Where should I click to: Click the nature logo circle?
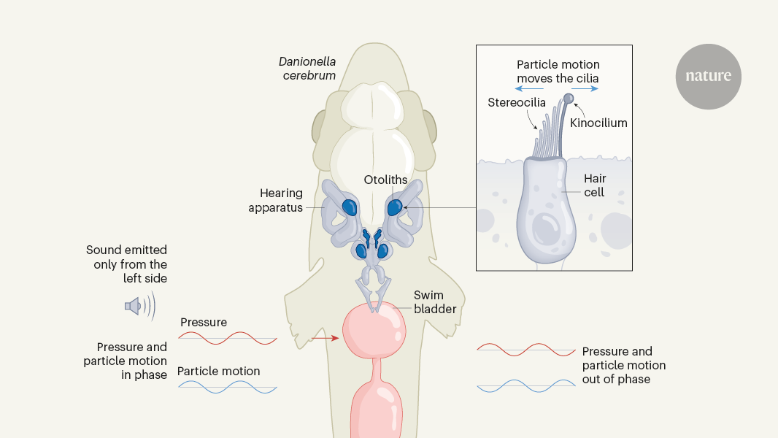click(708, 76)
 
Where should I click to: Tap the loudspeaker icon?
click(134, 306)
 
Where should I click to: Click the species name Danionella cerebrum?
click(307, 69)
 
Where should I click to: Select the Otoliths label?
click(385, 180)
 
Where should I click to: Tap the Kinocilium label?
click(598, 123)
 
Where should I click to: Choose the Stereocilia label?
click(516, 102)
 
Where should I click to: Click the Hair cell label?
click(595, 185)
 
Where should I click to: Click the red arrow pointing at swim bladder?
click(325, 338)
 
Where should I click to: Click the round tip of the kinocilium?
click(568, 98)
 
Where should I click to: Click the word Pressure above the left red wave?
click(203, 322)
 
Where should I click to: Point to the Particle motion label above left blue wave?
click(218, 371)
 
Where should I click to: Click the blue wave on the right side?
click(526, 385)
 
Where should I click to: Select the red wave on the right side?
click(526, 350)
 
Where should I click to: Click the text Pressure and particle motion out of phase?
click(623, 365)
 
